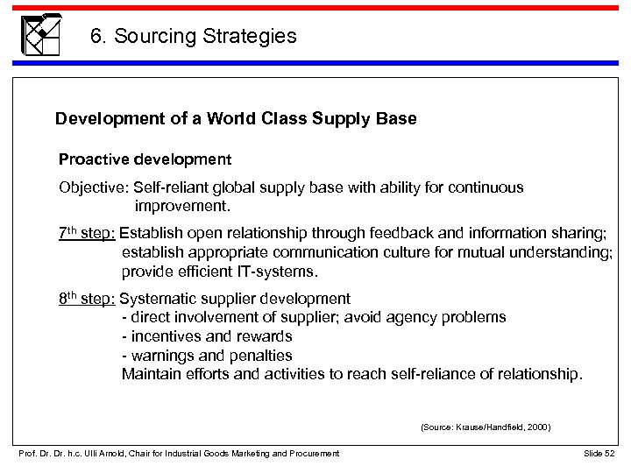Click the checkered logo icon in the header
[40, 34]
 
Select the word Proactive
[90, 159]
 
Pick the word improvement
[182, 208]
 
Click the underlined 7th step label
[86, 234]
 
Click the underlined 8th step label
[86, 298]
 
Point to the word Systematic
[153, 298]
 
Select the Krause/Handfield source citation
[486, 427]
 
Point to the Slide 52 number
[600, 452]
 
